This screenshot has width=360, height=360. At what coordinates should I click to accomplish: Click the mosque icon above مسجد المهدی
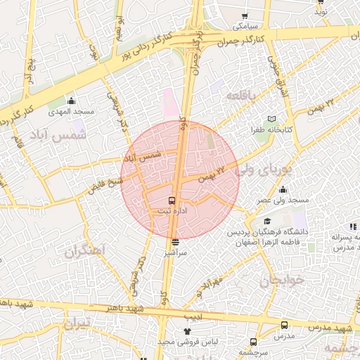coord(71,101)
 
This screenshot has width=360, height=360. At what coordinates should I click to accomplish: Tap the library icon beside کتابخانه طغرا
coord(271,119)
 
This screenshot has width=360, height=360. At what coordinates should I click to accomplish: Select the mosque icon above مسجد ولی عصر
coord(283,189)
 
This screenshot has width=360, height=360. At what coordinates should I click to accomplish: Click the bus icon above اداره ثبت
coord(172,200)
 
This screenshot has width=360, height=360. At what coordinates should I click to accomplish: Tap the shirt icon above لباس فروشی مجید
coord(187,330)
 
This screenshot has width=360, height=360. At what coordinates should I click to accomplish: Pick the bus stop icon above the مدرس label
coord(284,326)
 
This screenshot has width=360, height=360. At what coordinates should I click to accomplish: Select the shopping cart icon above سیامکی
coord(244,15)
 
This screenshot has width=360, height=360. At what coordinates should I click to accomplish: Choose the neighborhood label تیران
coord(77,324)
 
